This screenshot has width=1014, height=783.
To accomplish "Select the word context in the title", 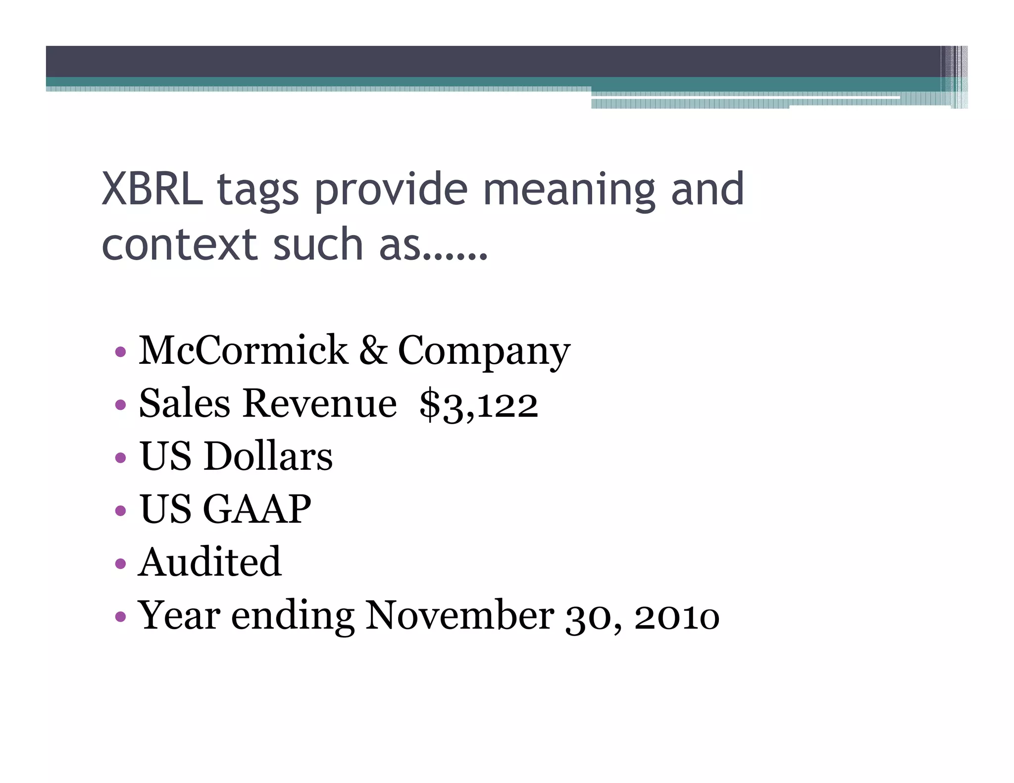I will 179,244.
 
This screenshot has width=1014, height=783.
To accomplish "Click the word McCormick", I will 243,350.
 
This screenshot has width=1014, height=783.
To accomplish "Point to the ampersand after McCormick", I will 373,350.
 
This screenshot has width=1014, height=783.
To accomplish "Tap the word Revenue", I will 319,404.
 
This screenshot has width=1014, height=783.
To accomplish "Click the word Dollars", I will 268,456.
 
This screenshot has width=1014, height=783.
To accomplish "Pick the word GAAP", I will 257,509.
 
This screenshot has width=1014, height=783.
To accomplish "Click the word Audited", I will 210,562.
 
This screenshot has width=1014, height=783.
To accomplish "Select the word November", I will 459,616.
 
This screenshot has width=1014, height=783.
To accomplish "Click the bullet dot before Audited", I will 120,563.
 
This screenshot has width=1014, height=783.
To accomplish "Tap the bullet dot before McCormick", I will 120,352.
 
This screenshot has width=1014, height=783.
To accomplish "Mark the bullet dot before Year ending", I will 120,617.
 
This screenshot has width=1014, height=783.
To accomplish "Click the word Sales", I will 185,404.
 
